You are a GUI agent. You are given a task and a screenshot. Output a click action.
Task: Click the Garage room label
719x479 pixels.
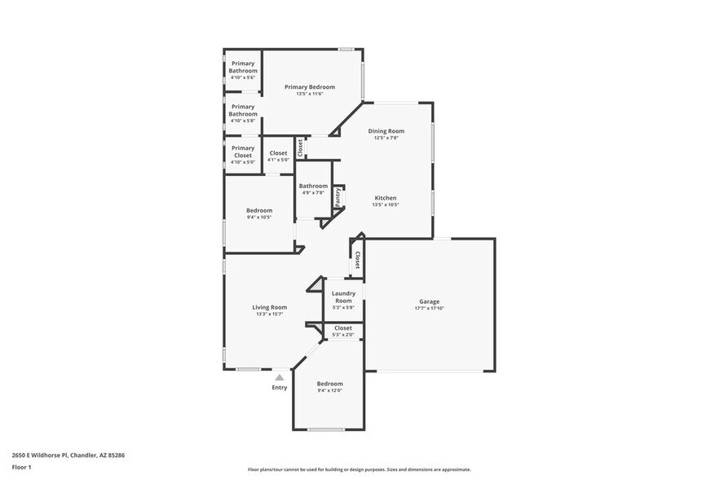pyautogui.click(x=430, y=301)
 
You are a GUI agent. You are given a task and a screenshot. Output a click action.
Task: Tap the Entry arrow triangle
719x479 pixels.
pyautogui.click(x=279, y=377)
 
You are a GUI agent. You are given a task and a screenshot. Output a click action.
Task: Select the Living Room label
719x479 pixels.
pyautogui.click(x=269, y=307)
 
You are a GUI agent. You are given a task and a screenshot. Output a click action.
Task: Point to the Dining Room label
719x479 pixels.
pyautogui.click(x=386, y=130)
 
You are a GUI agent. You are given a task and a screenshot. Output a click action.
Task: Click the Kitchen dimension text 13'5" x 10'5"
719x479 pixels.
pyautogui.click(x=386, y=205)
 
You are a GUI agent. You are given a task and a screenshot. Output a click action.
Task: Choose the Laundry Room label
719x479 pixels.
pyautogui.click(x=343, y=297)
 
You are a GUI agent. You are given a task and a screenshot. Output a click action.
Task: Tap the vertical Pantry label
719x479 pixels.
pyautogui.click(x=337, y=197)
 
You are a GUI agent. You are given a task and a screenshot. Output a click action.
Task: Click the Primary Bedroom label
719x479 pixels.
pyautogui.click(x=309, y=86)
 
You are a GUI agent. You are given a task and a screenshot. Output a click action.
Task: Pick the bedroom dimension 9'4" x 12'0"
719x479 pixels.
pyautogui.click(x=330, y=390)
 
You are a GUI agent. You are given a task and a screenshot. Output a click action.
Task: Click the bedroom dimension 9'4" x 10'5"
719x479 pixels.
pyautogui.click(x=259, y=217)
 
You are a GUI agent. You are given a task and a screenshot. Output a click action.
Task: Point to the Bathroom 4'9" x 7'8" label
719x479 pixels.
pyautogui.click(x=313, y=186)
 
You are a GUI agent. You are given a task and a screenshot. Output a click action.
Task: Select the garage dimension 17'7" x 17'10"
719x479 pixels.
pyautogui.click(x=430, y=308)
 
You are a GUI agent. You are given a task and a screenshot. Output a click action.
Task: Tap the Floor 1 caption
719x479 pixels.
pyautogui.click(x=21, y=467)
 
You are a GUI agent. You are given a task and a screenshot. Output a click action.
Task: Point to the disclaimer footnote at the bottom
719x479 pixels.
pyautogui.click(x=359, y=469)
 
